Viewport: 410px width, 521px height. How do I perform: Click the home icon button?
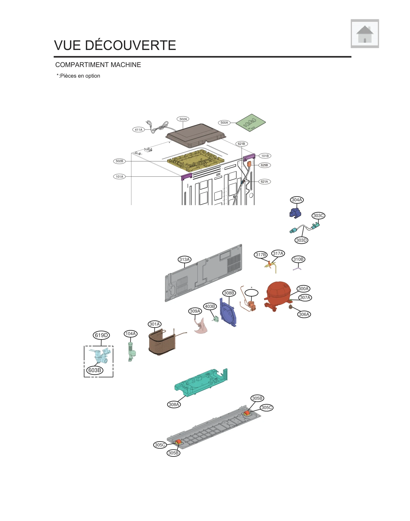coord(364,34)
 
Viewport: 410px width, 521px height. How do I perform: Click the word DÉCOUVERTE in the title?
coord(130,45)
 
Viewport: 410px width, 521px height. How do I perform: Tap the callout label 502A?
coord(183,119)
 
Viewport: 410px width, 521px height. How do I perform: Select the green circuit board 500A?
coord(250,123)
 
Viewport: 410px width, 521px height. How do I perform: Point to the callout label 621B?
coord(241,144)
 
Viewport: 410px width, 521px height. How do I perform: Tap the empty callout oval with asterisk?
coord(251,293)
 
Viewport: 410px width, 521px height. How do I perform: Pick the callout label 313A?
coord(184,259)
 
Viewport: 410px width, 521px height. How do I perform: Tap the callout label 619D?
coord(101,335)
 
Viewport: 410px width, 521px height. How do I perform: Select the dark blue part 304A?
coord(295,213)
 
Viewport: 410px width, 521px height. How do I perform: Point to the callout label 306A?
coord(304,314)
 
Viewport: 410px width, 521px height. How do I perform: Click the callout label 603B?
coord(95,370)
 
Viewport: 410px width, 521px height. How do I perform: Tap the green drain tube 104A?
coord(131,351)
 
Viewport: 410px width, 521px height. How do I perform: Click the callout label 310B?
coord(298,259)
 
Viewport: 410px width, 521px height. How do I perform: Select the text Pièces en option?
coord(80,76)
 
